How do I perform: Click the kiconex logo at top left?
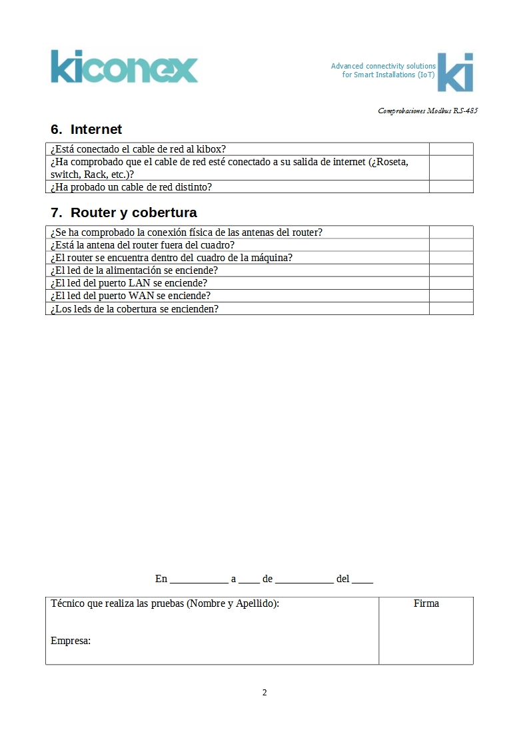(124, 67)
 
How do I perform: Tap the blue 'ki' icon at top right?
(455, 72)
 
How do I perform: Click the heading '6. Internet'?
(87, 129)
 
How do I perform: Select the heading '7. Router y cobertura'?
(124, 213)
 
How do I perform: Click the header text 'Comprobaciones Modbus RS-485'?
(427, 111)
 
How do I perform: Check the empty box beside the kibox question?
(451, 149)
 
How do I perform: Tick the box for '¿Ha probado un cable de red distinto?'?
(451, 187)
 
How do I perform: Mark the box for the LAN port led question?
(451, 283)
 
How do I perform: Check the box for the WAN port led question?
(451, 296)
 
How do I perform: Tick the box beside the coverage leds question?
(451, 309)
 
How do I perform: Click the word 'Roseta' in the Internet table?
(392, 162)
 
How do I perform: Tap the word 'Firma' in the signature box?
(426, 603)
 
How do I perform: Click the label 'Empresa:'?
(71, 641)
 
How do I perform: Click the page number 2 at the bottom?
(264, 693)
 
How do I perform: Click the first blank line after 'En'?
(199, 579)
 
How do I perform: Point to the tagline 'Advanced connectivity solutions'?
(383, 66)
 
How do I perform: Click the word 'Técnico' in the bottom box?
(69, 603)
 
